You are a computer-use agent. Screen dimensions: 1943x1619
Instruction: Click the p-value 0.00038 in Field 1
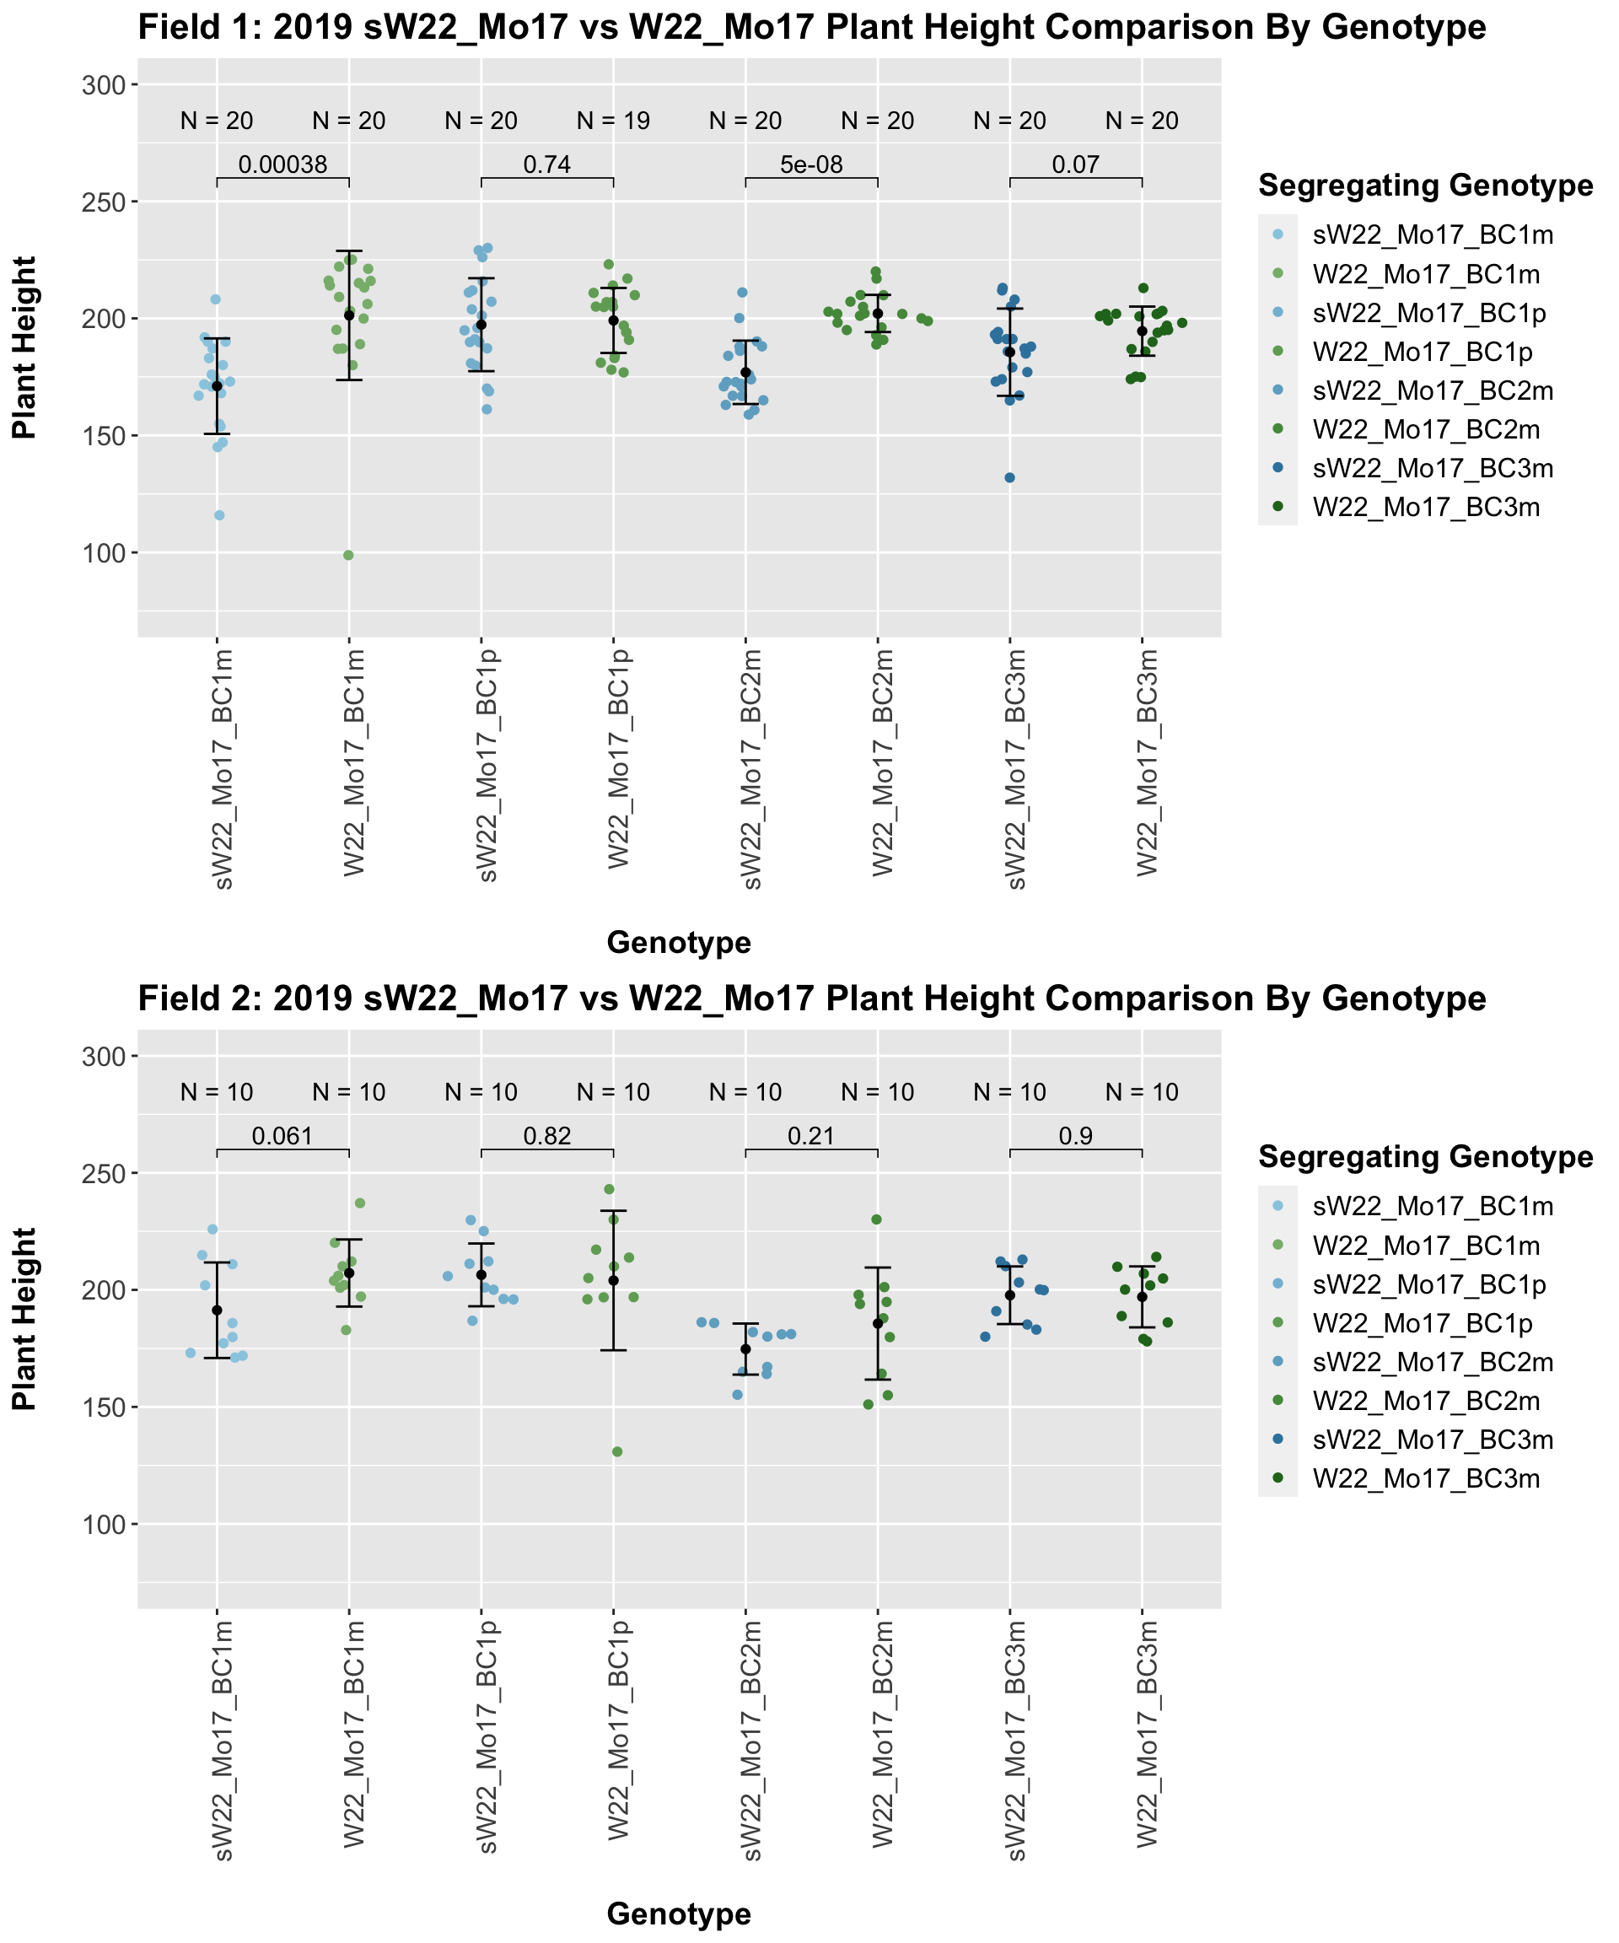pyautogui.click(x=282, y=165)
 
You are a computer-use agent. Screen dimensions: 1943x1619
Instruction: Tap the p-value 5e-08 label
pyautogui.click(x=811, y=165)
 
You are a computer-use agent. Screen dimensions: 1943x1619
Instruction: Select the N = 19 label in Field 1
pyautogui.click(x=613, y=121)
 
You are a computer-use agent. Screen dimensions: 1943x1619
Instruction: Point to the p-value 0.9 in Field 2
pyautogui.click(x=1076, y=1137)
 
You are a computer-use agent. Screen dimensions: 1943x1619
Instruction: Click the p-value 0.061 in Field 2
pyautogui.click(x=282, y=1137)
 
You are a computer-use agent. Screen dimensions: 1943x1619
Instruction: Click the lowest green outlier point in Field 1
pyautogui.click(x=349, y=555)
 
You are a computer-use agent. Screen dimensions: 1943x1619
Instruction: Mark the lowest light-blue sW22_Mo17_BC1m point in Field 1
pyautogui.click(x=219, y=515)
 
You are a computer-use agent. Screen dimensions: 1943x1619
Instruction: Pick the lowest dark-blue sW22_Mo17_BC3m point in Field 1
pyautogui.click(x=1009, y=478)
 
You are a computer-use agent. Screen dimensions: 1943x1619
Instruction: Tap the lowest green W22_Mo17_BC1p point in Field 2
pyautogui.click(x=617, y=1451)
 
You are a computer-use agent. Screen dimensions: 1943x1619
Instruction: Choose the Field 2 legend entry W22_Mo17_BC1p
pyautogui.click(x=1422, y=1323)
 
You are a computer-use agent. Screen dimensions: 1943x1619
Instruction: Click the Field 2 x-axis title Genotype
pyautogui.click(x=678, y=1914)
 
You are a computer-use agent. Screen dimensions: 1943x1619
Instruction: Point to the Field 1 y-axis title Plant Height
pyautogui.click(x=25, y=347)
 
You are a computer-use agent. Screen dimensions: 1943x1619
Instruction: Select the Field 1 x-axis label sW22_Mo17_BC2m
pyautogui.click(x=753, y=768)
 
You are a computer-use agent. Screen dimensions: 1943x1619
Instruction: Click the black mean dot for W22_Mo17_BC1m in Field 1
pyautogui.click(x=349, y=315)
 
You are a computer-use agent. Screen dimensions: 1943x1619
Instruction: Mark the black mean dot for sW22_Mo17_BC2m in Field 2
pyautogui.click(x=745, y=1349)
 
